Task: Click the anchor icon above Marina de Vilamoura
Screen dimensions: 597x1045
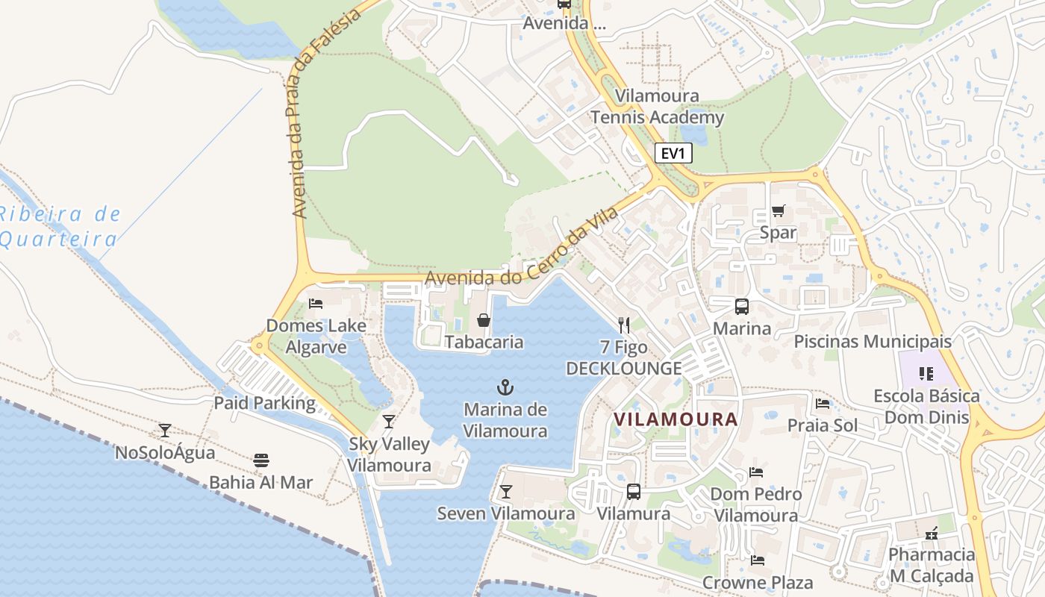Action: click(505, 387)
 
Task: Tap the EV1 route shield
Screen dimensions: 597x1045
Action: click(673, 154)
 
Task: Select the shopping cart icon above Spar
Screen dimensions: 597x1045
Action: click(778, 210)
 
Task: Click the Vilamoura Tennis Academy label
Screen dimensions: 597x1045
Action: click(657, 107)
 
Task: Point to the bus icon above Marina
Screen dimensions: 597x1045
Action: click(741, 306)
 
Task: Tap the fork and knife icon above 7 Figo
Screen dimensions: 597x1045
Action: click(624, 325)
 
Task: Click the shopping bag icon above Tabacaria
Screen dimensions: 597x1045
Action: click(484, 320)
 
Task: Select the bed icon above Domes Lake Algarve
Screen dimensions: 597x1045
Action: click(316, 303)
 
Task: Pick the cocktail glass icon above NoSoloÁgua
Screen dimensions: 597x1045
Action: click(164, 431)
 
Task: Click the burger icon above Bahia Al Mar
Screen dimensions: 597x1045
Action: click(261, 460)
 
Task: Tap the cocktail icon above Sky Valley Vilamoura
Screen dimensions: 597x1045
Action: click(388, 422)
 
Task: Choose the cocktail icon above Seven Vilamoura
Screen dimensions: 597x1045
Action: click(505, 491)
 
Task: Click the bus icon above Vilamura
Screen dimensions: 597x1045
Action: click(633, 491)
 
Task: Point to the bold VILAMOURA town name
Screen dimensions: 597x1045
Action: click(676, 419)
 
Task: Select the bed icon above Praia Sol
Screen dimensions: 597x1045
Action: click(823, 403)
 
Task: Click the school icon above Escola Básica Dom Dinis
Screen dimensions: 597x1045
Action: click(926, 373)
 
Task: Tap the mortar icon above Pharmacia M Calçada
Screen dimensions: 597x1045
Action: click(931, 533)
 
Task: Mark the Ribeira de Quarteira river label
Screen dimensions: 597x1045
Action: click(60, 227)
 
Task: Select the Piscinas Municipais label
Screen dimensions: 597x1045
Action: click(873, 342)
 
